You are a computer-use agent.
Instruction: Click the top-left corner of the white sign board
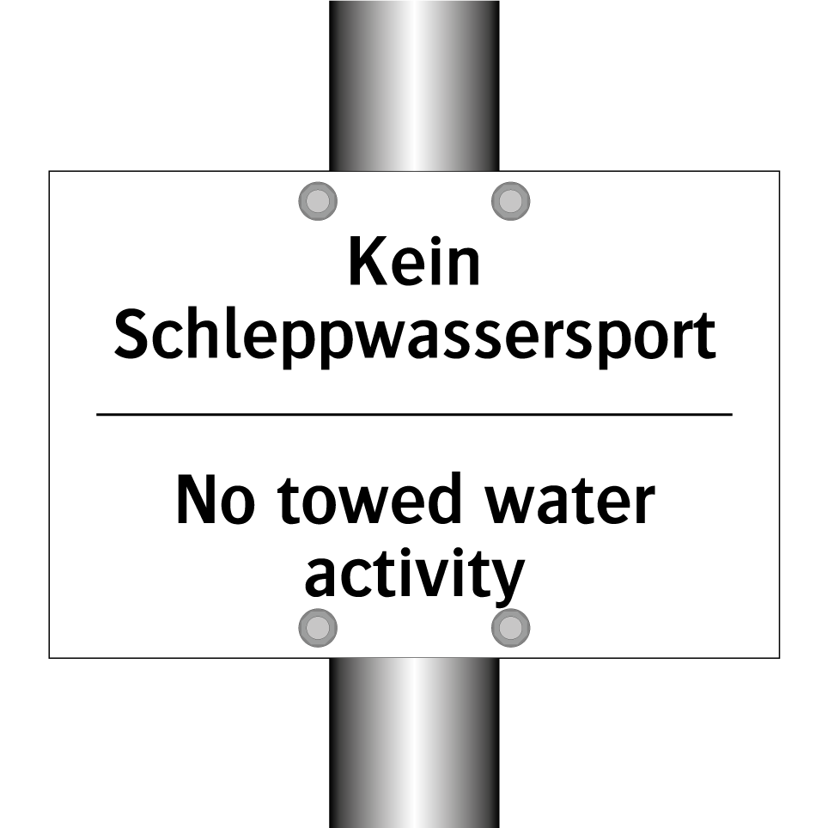pos(49,171)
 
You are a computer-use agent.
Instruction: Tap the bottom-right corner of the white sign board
pos(779,658)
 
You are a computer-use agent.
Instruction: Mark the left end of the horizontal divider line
pos(96,415)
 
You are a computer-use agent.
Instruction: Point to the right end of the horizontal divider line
pos(733,415)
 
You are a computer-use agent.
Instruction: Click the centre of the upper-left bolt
pos(318,201)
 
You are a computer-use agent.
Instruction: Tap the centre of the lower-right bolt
pos(511,628)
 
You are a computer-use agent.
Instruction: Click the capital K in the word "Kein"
pos(364,261)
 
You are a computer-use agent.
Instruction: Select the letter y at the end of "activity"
pos(509,579)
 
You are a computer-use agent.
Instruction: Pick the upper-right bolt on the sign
pos(511,201)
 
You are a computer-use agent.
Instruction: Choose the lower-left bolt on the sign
pos(318,628)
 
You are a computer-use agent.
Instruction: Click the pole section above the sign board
pos(414,86)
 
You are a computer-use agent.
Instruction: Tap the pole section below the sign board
pos(414,743)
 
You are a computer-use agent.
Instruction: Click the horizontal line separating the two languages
pos(414,415)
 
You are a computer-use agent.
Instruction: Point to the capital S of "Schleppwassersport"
pos(131,335)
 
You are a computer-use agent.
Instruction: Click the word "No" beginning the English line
pos(216,500)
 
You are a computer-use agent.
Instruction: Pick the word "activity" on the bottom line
pos(415,576)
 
